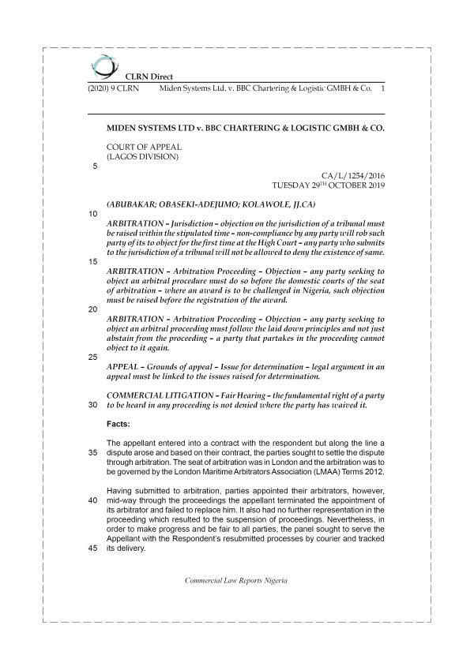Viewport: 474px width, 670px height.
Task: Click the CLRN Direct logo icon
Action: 102,66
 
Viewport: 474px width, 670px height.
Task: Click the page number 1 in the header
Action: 382,90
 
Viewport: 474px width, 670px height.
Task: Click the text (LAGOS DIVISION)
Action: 142,156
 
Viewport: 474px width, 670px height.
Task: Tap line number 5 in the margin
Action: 95,166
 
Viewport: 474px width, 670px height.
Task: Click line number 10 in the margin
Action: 94,214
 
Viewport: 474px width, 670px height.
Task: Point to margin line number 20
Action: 94,309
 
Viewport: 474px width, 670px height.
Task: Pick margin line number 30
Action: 94,405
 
